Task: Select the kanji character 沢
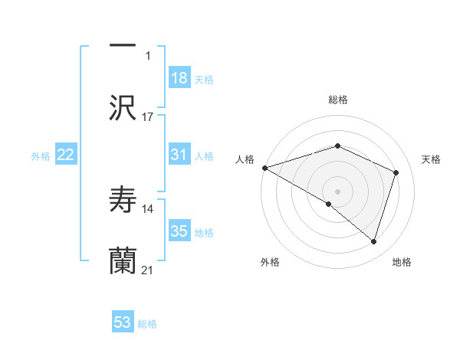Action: pos(123,108)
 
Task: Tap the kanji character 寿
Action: pos(123,200)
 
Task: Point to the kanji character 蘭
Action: pos(123,261)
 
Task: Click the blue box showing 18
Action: pos(179,78)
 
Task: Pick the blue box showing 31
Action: pos(179,155)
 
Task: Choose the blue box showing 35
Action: pos(179,231)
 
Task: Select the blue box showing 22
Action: pos(66,155)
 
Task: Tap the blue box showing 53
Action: pos(123,322)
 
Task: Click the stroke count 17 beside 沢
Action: pos(148,117)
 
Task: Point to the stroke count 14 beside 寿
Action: pos(148,208)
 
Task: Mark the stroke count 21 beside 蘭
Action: pos(148,270)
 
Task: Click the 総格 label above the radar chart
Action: pos(338,100)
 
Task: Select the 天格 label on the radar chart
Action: pos(432,159)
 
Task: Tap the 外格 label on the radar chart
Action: pos(270,263)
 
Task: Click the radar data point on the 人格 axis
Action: pos(264,168)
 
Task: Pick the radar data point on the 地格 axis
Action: pos(374,242)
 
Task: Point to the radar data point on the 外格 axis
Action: pos(329,204)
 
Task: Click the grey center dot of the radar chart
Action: pos(338,191)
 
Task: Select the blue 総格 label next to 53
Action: pos(147,324)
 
